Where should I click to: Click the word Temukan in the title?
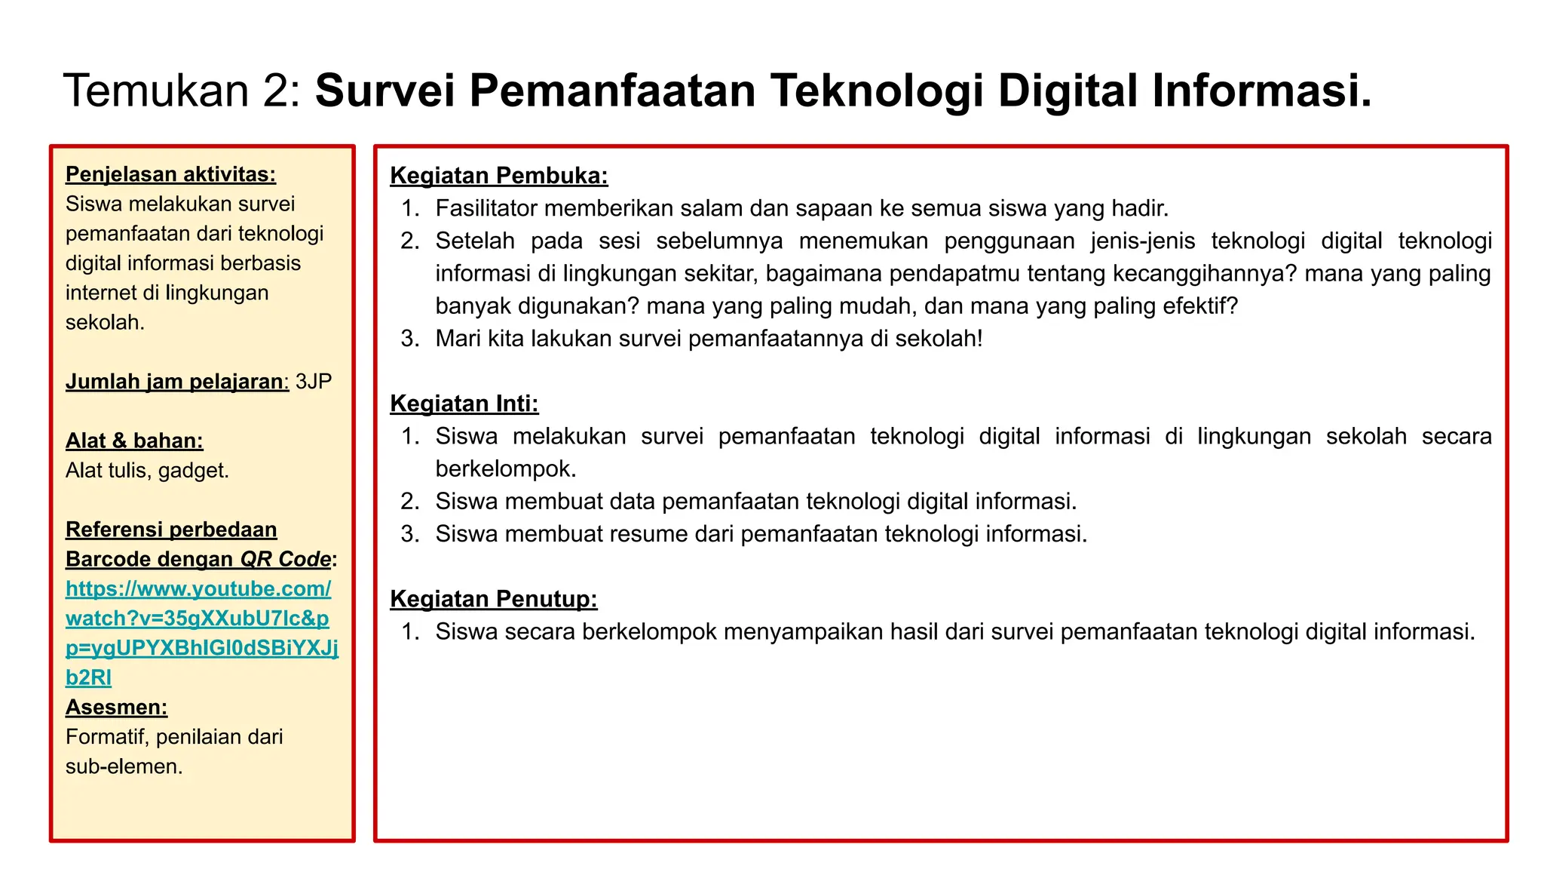click(156, 91)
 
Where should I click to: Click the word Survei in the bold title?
click(384, 91)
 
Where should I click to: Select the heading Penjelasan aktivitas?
click(170, 174)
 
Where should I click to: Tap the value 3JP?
click(314, 382)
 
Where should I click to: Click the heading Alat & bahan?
click(134, 441)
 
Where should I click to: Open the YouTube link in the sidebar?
click(198, 619)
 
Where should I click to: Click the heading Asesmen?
click(116, 708)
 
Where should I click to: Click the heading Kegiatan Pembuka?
click(498, 176)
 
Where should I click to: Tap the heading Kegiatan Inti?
click(464, 404)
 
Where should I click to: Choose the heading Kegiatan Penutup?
click(493, 599)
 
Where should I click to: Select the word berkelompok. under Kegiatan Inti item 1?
click(505, 469)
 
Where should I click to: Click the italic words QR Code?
click(285, 560)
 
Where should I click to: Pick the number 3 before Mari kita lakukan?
click(409, 339)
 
